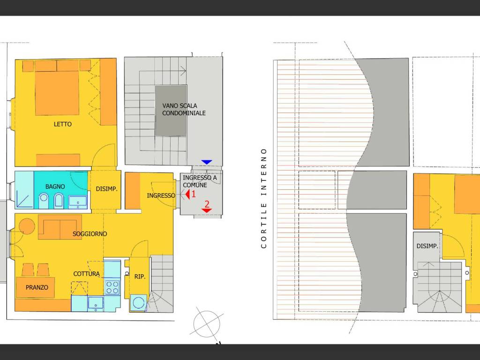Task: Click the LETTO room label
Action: tap(63, 124)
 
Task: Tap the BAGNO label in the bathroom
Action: tap(55, 187)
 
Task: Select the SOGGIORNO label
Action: tap(90, 233)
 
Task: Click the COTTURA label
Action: tap(86, 274)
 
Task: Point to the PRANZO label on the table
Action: tap(37, 287)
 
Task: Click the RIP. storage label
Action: tap(140, 277)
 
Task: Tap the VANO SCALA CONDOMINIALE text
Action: tap(184, 109)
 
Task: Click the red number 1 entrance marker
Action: tap(190, 193)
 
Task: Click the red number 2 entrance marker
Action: tap(206, 206)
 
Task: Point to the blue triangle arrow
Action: tap(207, 162)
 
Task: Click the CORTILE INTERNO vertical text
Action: tap(264, 198)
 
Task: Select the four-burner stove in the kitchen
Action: tap(112, 287)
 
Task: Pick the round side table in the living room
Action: tap(27, 226)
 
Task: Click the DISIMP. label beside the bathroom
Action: tap(106, 189)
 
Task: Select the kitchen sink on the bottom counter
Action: tap(96, 303)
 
